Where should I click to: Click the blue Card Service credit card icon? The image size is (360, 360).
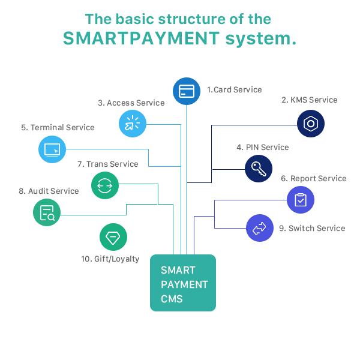(187, 91)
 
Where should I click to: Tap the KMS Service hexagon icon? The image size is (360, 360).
(311, 124)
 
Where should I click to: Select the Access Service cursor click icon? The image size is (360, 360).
(133, 124)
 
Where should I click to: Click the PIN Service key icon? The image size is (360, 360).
(259, 169)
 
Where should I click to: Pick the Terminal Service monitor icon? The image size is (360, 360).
(52, 149)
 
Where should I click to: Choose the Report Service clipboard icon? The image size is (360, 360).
(301, 200)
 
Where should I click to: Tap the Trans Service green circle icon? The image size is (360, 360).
(105, 185)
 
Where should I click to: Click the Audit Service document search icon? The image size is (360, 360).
(47, 212)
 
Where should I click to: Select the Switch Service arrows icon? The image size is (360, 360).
(260, 228)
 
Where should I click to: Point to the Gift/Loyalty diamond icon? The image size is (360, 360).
(113, 237)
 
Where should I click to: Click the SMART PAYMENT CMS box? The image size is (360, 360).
(183, 283)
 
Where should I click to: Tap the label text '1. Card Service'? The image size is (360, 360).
(235, 89)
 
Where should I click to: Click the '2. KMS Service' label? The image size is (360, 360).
(310, 100)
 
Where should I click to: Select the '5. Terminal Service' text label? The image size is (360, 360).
(58, 127)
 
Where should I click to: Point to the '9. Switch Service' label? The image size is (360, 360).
(312, 228)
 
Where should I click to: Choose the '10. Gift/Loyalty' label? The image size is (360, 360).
(110, 259)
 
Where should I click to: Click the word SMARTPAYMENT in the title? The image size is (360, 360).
(141, 38)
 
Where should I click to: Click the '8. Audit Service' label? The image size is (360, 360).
(49, 191)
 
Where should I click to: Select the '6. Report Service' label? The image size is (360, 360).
(314, 178)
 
